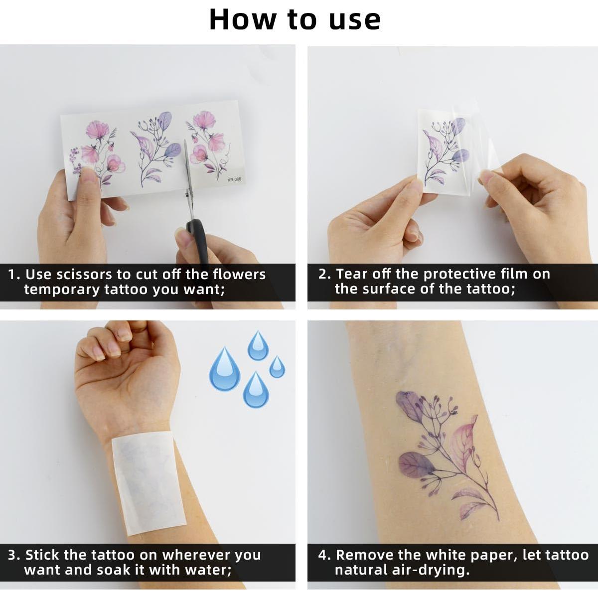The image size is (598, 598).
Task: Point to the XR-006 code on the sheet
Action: coord(234,179)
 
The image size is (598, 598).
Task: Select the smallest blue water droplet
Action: coord(277,367)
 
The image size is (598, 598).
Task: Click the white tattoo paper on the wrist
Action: coord(148,483)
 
